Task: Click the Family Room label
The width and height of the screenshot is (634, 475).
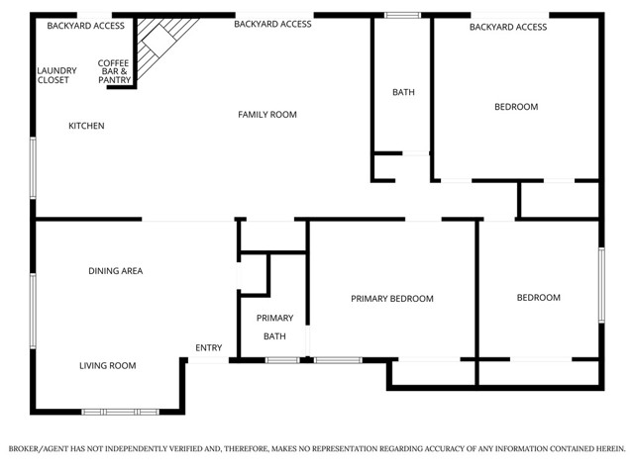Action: coord(267,115)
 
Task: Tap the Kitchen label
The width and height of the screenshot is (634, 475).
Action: coord(86,126)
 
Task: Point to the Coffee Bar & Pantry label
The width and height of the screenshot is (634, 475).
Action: coord(113,71)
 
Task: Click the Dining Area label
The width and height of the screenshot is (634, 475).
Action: coord(116,271)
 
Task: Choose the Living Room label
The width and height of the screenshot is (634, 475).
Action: coord(108,366)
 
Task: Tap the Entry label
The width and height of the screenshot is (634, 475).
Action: coord(208,347)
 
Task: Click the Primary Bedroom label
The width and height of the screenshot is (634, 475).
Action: coord(392,298)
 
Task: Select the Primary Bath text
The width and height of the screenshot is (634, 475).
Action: coord(274,327)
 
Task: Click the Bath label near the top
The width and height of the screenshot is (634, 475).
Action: coord(403,92)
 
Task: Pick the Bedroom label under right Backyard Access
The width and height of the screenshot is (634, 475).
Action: coord(516,107)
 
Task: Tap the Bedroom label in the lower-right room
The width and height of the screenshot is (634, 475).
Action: coord(539,298)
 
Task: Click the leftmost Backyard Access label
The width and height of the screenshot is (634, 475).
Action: coord(86,25)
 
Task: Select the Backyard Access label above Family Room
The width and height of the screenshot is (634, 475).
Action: coord(272,24)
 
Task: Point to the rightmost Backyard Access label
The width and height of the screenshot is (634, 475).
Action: coord(508,27)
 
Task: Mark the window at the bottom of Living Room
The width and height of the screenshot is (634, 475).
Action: coord(120,411)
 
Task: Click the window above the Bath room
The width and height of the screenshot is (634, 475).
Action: coord(401,15)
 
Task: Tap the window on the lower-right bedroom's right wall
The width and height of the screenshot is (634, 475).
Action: coord(600,285)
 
